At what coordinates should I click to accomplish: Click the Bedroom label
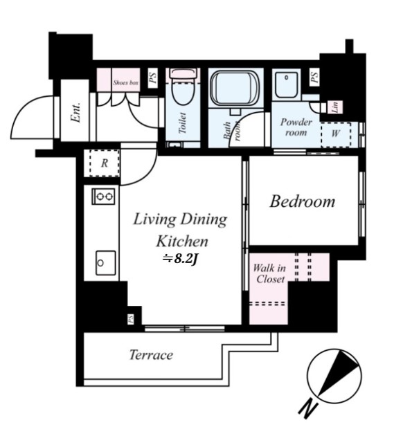[x=303, y=201]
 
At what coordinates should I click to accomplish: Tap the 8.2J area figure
[x=180, y=259]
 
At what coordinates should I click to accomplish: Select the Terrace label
[x=151, y=355]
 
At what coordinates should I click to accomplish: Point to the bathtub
[x=235, y=87]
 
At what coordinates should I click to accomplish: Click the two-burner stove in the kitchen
[x=103, y=197]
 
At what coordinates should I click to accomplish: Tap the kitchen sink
[x=106, y=262]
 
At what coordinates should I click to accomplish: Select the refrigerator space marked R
[x=105, y=163]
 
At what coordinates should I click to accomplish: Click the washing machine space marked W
[x=336, y=135]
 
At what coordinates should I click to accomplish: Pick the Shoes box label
[x=126, y=82]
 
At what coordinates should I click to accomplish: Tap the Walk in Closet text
[x=269, y=274]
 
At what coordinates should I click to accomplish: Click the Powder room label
[x=296, y=127]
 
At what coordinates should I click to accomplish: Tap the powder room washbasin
[x=287, y=85]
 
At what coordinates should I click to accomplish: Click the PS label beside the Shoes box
[x=152, y=77]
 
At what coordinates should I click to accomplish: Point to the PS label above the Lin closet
[x=314, y=77]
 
